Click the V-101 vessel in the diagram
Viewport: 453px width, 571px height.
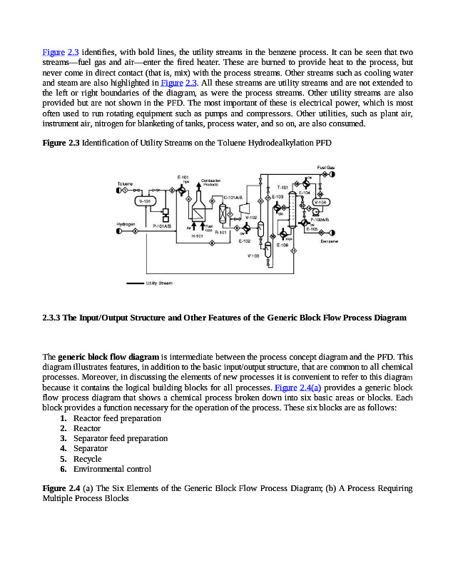coord(146,202)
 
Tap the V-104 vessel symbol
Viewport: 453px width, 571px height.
coord(321,202)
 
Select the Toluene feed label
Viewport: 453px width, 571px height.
coord(125,184)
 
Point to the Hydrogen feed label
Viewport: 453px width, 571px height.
coord(126,225)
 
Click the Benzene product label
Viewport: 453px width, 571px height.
coord(329,241)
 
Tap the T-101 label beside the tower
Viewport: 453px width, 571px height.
coord(282,186)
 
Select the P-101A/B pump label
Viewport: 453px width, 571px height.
coord(163,226)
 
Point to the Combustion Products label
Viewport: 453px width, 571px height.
coord(211,181)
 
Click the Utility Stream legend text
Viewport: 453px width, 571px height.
coord(159,283)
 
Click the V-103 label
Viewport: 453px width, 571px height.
coord(253,255)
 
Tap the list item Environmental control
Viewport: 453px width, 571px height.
coord(112,469)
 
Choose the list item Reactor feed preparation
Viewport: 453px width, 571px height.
coord(117,418)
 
